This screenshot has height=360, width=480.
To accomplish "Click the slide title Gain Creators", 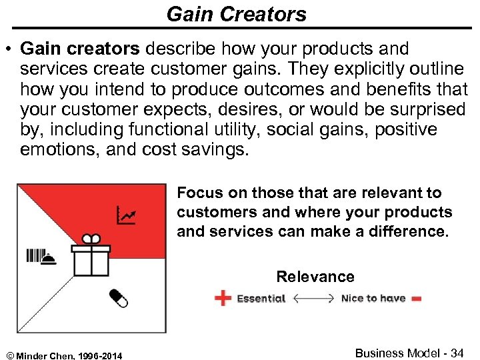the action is click(237, 14).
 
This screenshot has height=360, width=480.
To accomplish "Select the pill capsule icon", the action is click(117, 298).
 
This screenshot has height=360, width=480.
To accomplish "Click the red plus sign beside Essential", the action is click(223, 298).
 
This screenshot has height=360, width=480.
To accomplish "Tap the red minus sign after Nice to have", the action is click(417, 299).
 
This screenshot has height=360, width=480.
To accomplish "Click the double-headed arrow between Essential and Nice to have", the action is click(313, 299).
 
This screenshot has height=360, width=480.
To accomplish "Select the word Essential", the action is click(261, 299).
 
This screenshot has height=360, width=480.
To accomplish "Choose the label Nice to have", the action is click(373, 299).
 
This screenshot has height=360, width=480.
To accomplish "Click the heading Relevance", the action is click(315, 277).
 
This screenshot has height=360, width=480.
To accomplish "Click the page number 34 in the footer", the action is click(457, 353).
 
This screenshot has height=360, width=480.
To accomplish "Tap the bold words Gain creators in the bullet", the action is click(81, 49).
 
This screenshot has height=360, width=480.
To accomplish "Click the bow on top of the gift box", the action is click(91, 239).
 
